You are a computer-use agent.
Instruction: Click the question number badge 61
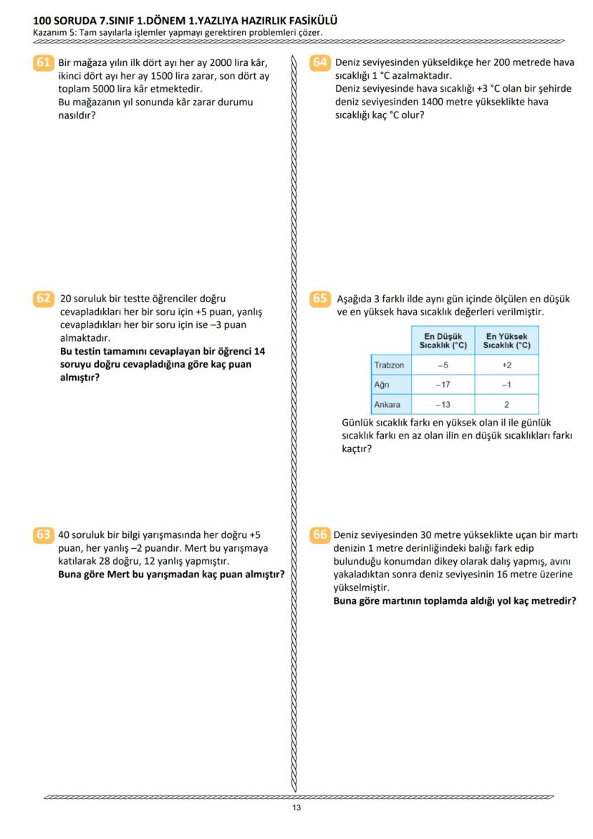coord(43,63)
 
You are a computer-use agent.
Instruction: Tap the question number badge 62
coord(43,299)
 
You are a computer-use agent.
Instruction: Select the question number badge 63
coord(43,534)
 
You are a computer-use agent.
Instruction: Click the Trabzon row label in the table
coord(389,365)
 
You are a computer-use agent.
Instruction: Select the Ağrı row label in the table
coord(382,385)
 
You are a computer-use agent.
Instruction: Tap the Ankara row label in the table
coord(387,404)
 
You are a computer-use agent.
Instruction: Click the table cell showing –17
coord(443,385)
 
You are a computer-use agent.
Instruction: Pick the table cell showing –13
coord(443,404)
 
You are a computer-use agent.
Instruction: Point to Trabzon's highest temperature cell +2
coord(506,365)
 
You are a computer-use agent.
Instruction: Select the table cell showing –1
coord(506,385)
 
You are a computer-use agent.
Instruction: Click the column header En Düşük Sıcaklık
coord(443,340)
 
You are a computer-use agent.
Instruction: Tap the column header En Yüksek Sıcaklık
coord(506,340)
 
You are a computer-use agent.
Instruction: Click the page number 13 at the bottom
coord(296,807)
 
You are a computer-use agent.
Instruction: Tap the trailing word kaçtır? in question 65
coord(357,449)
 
